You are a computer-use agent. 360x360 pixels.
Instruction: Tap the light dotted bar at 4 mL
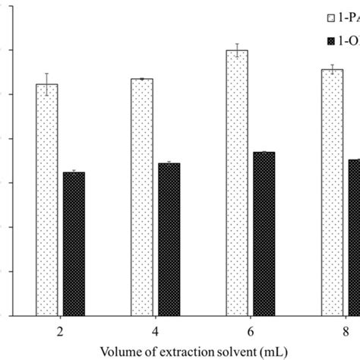coord(142,197)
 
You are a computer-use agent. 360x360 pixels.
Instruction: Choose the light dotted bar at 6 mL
coord(238,182)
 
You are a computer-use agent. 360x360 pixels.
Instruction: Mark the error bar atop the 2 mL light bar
coord(47,84)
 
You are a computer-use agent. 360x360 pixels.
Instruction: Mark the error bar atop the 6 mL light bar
coord(238,50)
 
